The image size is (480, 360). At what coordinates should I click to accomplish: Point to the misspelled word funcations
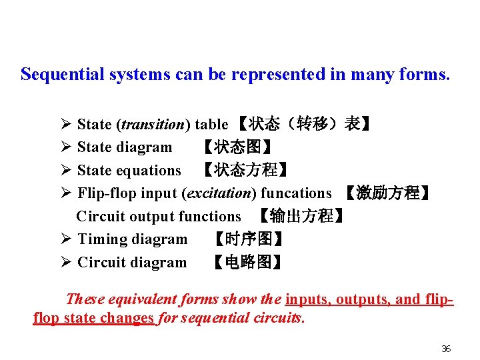point(296,193)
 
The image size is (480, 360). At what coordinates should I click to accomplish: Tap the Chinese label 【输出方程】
point(302,216)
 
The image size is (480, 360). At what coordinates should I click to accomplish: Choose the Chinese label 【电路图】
point(247,262)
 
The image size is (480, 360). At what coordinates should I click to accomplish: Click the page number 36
point(447,349)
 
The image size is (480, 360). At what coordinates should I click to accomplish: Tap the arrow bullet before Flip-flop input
point(65,193)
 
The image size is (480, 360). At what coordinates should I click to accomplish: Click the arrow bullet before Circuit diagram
point(65,262)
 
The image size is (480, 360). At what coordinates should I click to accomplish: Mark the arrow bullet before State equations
point(65,171)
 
